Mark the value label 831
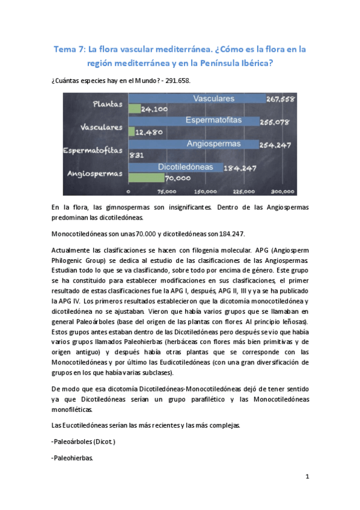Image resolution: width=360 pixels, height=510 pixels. pos(136,155)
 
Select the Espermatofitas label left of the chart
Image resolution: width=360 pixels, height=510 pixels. pos(93,150)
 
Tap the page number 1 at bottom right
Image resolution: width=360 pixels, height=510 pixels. pos(307,477)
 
